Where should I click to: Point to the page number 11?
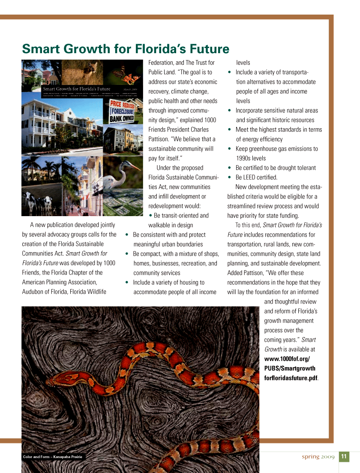(344, 456)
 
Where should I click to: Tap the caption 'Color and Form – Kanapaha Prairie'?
(52, 457)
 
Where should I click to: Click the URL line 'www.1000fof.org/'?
(287, 359)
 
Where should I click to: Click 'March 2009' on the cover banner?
(130, 89)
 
